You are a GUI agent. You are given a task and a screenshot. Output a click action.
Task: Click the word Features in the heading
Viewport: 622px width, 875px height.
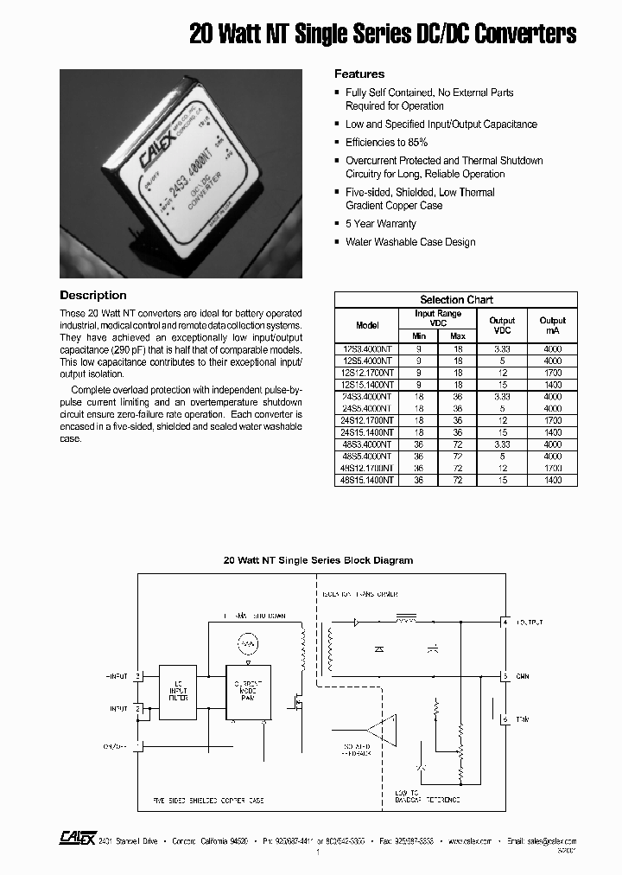359,74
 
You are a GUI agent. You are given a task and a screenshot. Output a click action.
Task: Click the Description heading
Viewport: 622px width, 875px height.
93,296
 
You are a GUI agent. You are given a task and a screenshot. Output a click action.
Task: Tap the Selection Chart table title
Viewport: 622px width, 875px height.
456,300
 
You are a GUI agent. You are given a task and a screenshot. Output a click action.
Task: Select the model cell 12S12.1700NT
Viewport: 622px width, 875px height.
367,372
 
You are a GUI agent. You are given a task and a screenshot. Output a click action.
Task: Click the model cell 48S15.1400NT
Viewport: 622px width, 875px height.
367,479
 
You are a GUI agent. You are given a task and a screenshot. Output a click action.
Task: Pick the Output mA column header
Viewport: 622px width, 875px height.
553,325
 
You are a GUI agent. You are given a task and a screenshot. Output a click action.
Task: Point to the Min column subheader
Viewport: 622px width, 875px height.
419,335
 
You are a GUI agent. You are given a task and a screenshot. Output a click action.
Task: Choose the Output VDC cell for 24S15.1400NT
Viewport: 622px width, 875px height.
502,431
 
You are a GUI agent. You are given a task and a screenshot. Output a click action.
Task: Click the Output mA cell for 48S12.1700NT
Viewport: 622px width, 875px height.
553,467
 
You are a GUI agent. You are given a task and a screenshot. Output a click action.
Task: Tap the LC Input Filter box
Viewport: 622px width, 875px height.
177,690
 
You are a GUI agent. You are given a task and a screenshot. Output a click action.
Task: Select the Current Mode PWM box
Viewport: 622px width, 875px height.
249,690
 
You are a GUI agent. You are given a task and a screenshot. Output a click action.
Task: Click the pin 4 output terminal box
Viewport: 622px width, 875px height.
505,622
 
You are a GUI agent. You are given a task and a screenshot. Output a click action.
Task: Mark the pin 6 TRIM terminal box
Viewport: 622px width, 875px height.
505,719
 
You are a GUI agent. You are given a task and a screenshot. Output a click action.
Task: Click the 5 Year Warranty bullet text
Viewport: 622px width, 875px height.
380,224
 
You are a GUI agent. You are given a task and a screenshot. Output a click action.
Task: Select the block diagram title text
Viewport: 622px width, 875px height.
319,560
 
